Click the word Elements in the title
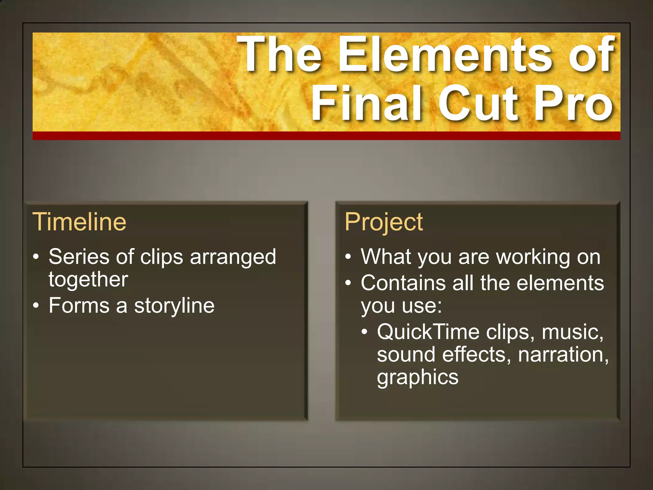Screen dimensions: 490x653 [444, 54]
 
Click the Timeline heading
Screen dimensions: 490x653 [79, 221]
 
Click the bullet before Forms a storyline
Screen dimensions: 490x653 [36, 306]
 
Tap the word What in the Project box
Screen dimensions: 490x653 [386, 256]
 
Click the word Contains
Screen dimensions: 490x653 [403, 283]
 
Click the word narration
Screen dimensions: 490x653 [563, 355]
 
